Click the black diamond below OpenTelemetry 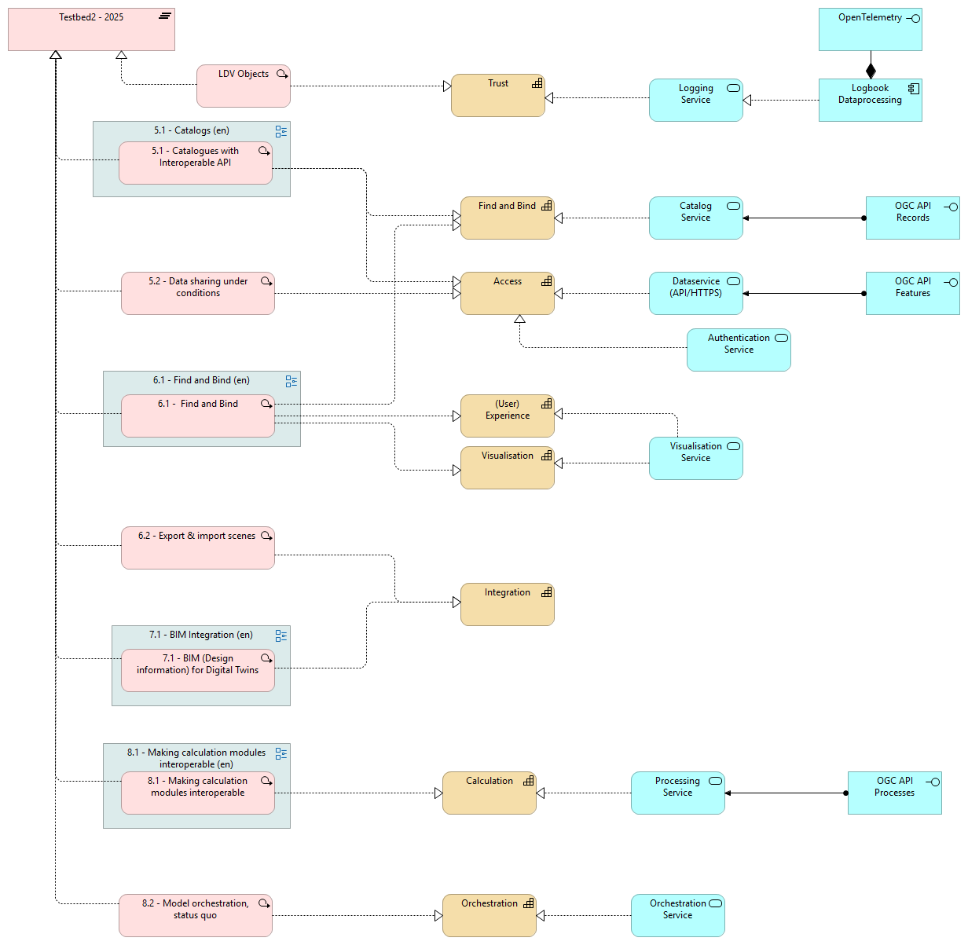tap(871, 71)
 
